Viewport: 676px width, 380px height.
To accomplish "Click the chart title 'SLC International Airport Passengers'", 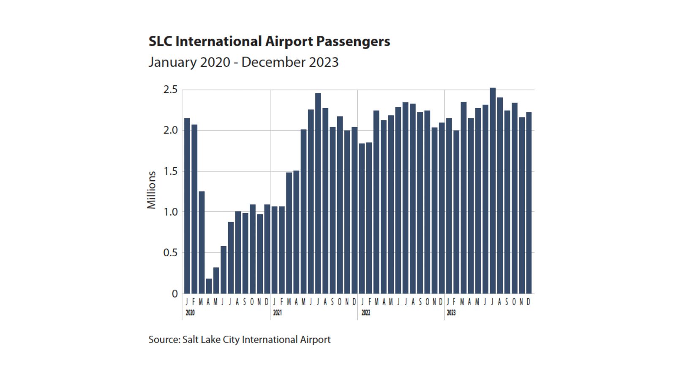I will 269,41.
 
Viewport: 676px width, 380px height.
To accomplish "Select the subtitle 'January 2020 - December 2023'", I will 243,62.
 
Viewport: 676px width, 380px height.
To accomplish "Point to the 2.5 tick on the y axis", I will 170,90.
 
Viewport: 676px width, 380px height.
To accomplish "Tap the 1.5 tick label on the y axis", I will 170,171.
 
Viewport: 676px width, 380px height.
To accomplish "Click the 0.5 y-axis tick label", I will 170,253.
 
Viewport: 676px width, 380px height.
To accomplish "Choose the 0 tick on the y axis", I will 174,294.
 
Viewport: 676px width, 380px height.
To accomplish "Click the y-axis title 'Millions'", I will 151,190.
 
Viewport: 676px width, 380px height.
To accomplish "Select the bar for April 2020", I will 209,286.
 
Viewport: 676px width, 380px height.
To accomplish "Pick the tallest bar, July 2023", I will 493,190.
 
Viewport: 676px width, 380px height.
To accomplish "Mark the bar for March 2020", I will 202,243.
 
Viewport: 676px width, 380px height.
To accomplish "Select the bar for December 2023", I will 529,203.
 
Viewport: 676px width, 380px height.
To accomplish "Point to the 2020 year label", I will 190,313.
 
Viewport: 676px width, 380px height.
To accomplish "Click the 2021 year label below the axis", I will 277,313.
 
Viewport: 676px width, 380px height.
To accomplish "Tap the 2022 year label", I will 365,313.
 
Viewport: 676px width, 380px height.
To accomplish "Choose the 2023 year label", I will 451,313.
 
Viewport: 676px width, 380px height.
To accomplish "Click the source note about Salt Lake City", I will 239,339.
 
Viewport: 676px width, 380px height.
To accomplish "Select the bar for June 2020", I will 224,270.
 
